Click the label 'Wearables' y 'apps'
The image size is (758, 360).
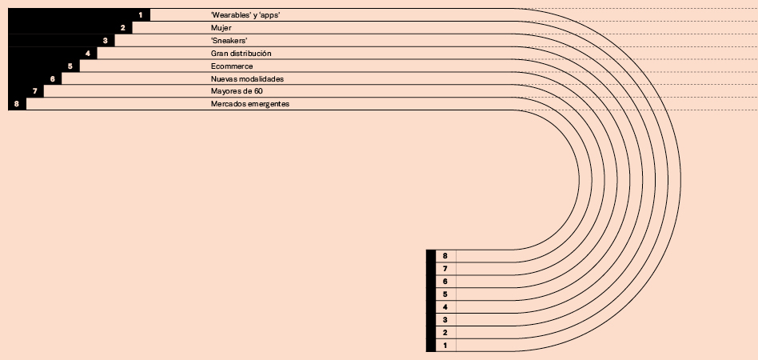(245, 15)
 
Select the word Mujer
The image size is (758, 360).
(221, 28)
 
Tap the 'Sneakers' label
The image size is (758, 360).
(229, 41)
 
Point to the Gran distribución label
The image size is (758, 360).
(241, 54)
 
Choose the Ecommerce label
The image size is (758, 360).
(232, 66)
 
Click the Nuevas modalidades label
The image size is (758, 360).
(247, 79)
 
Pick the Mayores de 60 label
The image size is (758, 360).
(237, 92)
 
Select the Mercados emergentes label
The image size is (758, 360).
(250, 105)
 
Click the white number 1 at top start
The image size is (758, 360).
(141, 15)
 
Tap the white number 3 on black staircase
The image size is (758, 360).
(106, 41)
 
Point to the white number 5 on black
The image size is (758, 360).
(70, 66)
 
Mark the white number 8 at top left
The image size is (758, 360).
(17, 105)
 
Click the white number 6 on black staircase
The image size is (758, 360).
(53, 79)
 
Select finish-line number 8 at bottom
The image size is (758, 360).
(445, 256)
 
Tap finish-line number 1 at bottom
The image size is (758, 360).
(445, 346)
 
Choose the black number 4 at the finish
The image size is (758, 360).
(445, 307)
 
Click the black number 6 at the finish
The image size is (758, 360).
(445, 282)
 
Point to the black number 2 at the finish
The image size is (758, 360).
(445, 333)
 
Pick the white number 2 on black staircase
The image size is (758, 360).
(123, 28)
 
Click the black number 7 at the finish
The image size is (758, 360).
(445, 269)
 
